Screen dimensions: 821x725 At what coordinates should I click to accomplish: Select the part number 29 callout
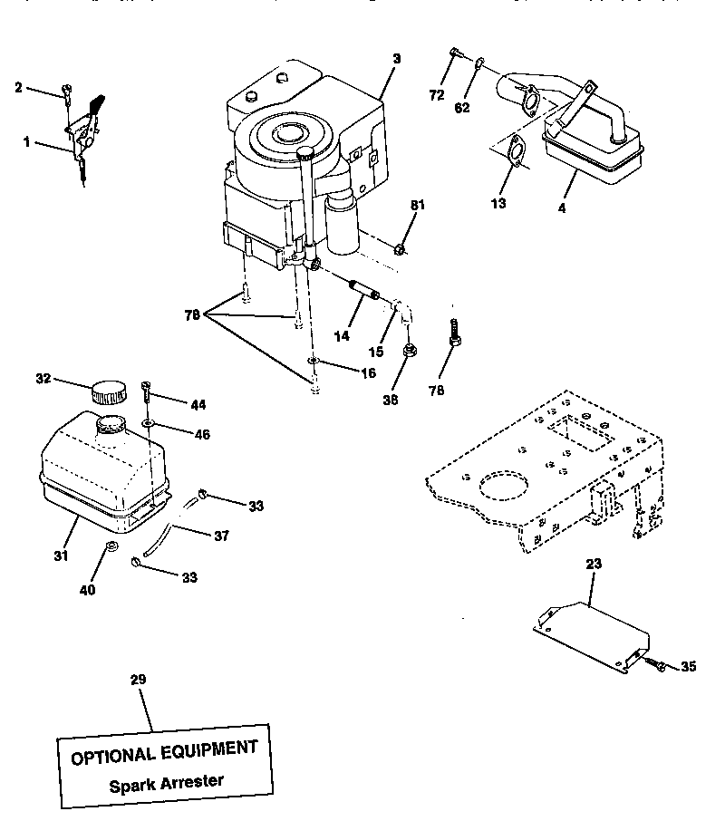point(138,679)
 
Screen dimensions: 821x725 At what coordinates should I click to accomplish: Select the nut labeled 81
point(402,247)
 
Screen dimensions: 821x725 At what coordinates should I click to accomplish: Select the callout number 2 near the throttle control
point(18,87)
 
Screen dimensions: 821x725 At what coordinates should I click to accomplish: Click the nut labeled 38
point(409,349)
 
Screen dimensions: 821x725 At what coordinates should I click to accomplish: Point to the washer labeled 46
point(148,422)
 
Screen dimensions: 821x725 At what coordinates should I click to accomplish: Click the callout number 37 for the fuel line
point(221,536)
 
